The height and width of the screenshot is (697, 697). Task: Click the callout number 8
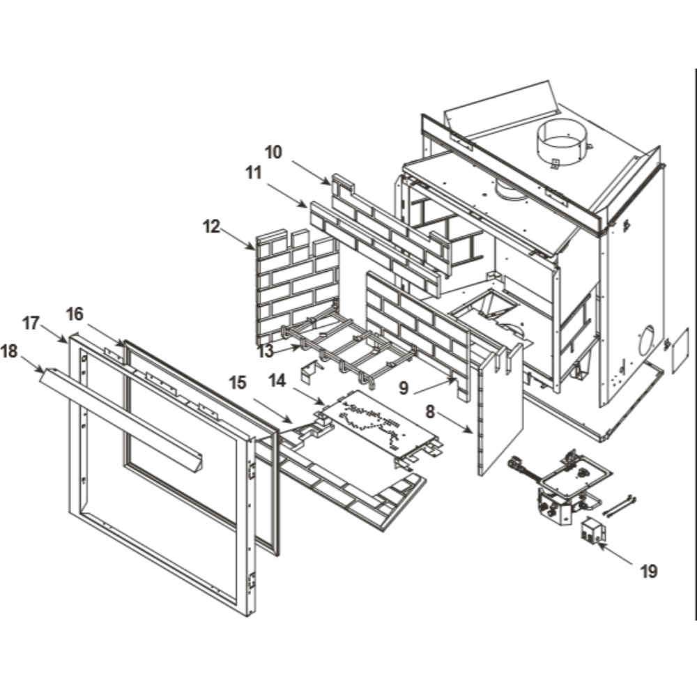click(431, 412)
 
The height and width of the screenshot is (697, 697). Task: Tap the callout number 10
click(273, 152)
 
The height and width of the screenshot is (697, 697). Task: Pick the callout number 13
click(265, 351)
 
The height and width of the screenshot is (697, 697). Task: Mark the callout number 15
click(238, 383)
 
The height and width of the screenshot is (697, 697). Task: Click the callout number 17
click(31, 323)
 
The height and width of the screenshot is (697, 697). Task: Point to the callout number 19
click(648, 572)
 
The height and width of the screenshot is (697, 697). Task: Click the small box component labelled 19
click(592, 531)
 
